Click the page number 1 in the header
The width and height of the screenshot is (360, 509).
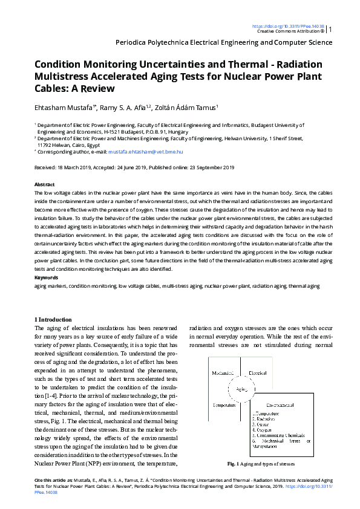click(x=330, y=29)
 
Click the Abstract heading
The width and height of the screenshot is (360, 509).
click(x=45, y=184)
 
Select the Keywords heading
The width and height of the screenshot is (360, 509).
click(x=47, y=277)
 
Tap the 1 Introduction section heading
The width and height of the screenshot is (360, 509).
click(x=53, y=319)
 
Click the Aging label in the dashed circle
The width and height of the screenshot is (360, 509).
click(x=241, y=390)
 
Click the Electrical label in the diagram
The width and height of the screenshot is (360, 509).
click(x=258, y=374)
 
